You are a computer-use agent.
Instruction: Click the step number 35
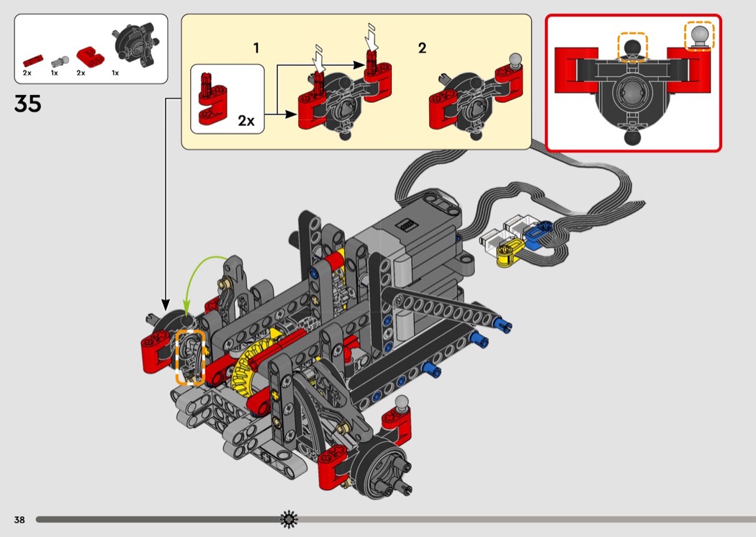tap(27, 104)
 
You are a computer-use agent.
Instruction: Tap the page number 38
tap(19, 519)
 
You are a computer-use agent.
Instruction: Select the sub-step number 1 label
tap(256, 48)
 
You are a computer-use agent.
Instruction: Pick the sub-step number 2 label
tap(422, 48)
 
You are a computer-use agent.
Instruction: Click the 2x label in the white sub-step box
tap(246, 120)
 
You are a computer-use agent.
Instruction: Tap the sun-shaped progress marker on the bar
tap(289, 518)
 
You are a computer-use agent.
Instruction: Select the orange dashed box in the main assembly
tap(190, 357)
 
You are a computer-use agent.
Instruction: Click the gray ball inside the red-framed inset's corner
tap(698, 35)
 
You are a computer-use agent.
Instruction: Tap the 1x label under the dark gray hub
tap(115, 73)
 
